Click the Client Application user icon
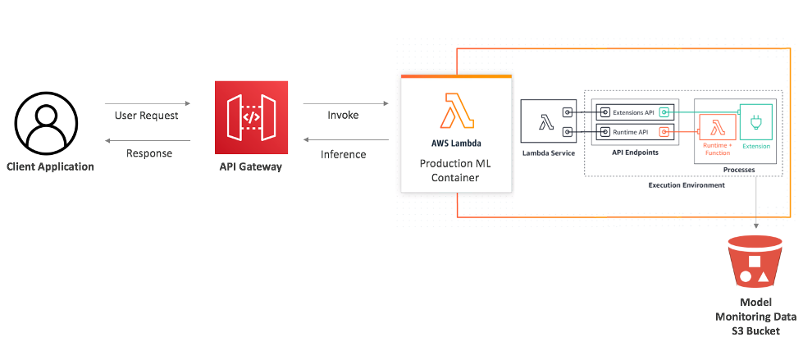click(x=48, y=121)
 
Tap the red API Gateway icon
click(x=251, y=117)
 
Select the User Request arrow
click(x=147, y=104)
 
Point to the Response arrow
click(x=147, y=141)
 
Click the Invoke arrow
click(x=345, y=104)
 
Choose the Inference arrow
click(x=345, y=141)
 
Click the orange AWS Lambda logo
click(x=456, y=112)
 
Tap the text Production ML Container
click(x=456, y=171)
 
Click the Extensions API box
click(x=627, y=112)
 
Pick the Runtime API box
click(x=627, y=131)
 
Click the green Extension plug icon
click(x=755, y=123)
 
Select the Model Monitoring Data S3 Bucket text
click(x=757, y=316)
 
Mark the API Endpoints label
click(x=636, y=153)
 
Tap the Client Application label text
click(x=50, y=166)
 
